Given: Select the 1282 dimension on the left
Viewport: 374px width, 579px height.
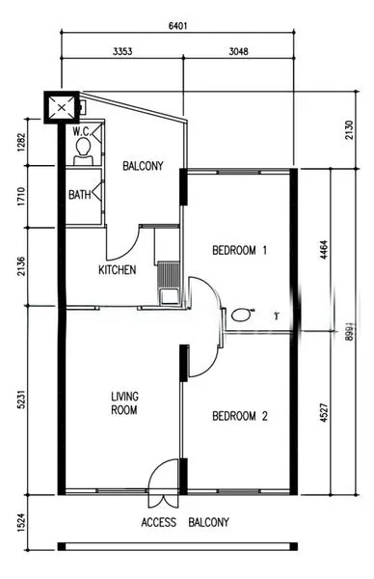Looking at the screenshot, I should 19,143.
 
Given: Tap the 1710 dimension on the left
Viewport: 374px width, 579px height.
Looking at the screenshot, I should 19,197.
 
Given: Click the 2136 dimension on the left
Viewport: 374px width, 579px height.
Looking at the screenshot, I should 19,266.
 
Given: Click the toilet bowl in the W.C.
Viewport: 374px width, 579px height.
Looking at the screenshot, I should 84,147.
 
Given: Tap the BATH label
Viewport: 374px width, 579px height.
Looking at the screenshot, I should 80,195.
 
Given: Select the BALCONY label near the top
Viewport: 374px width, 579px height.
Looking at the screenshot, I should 143,166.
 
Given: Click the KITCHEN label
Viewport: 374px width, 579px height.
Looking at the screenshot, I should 117,269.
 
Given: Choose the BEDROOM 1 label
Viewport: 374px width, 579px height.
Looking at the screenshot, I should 239,251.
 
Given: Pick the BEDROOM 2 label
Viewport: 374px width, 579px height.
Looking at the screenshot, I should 239,417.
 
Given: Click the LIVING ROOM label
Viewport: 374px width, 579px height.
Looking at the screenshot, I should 123,402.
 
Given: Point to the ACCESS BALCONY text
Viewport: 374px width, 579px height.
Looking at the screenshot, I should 185,523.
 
